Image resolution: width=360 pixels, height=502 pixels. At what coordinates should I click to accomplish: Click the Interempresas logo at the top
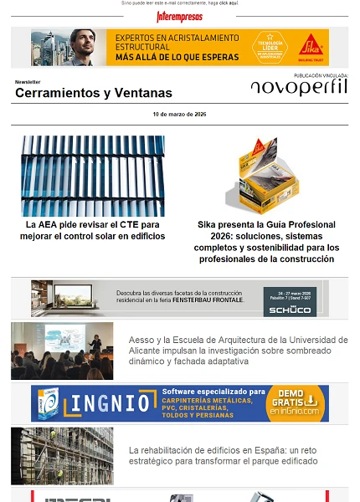click(x=179, y=16)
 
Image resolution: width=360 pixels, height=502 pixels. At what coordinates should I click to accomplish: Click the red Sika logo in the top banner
click(x=311, y=44)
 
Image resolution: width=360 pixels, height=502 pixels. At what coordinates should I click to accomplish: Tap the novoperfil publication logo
click(x=298, y=87)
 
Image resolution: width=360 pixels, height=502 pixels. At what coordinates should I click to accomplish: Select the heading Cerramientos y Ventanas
click(x=93, y=93)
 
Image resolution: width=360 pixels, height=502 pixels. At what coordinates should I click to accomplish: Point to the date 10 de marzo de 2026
click(x=179, y=114)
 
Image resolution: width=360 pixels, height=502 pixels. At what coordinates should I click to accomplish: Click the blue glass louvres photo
click(x=93, y=176)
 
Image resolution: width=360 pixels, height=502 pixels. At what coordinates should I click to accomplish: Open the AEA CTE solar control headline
click(x=93, y=230)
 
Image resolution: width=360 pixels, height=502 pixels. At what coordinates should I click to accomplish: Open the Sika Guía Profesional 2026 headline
click(x=267, y=242)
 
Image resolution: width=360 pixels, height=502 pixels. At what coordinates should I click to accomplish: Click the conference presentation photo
click(x=62, y=351)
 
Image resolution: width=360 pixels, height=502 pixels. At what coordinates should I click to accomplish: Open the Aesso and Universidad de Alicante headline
click(x=238, y=351)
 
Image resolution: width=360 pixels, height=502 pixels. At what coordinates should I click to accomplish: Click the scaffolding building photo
click(x=62, y=456)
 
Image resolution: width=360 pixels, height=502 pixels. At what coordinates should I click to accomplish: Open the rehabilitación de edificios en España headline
click(x=223, y=455)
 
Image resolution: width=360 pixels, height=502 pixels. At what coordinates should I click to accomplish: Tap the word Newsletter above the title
click(x=28, y=82)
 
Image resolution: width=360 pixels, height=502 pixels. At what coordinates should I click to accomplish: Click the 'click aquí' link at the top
click(x=229, y=3)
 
